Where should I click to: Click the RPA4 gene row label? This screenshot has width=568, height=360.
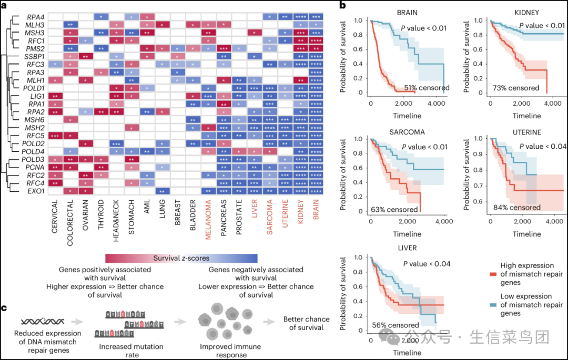coord(36,17)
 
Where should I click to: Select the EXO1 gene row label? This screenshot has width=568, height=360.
coord(36,191)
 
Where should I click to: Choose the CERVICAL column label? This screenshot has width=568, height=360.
coord(56,219)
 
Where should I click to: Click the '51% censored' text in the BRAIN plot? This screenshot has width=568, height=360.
coord(425,88)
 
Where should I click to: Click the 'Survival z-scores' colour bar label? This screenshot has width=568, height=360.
coord(181,258)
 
